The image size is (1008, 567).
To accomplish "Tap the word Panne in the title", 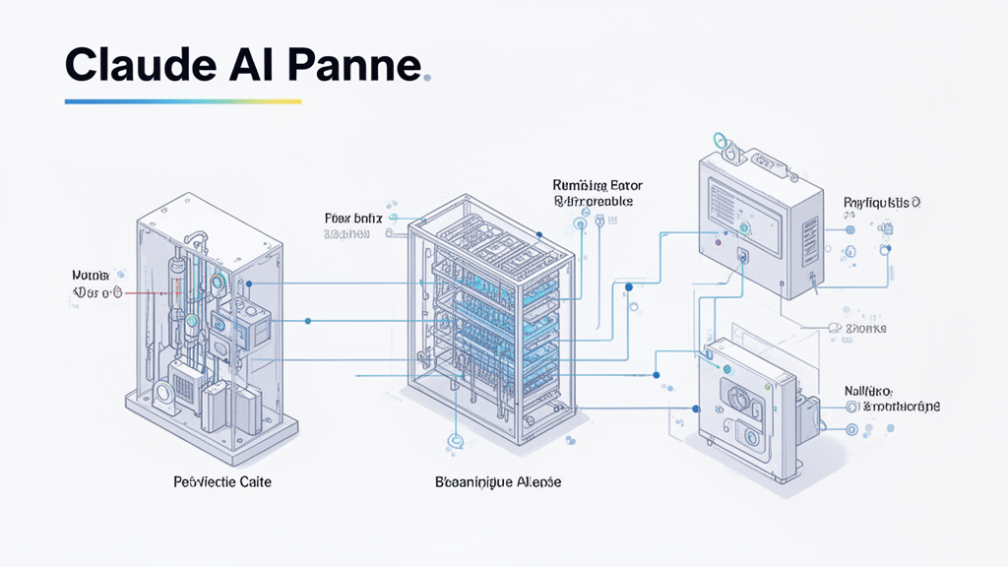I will click(x=358, y=67).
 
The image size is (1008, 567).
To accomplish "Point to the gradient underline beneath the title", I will click(x=182, y=100).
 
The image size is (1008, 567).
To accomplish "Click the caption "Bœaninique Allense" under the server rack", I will click(x=498, y=482).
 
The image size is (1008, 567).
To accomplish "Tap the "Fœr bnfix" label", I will click(x=347, y=218).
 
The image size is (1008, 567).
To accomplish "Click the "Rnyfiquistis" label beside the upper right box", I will click(x=881, y=203).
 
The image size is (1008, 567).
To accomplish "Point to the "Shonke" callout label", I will click(x=865, y=328).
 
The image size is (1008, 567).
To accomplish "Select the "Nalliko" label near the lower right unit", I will click(x=866, y=391).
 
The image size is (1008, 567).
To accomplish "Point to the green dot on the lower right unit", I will click(x=727, y=369).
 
